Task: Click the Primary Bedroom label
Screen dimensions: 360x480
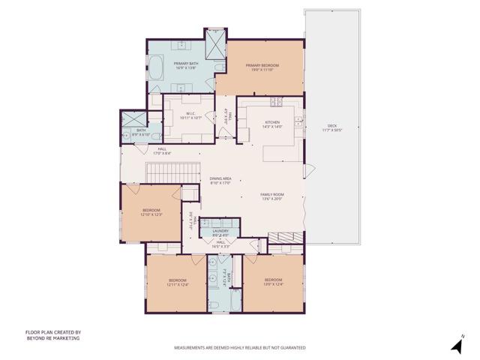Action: point(262,66)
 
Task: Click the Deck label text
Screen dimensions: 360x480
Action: point(331,125)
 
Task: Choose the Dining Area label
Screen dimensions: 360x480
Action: point(220,178)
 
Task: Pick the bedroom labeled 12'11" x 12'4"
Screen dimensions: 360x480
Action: point(177,281)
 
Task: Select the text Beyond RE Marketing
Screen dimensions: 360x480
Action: point(52,338)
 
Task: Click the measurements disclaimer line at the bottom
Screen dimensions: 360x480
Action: point(239,348)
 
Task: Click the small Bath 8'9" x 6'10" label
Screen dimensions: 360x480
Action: point(141,132)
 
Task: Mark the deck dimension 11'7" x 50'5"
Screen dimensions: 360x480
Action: point(331,130)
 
